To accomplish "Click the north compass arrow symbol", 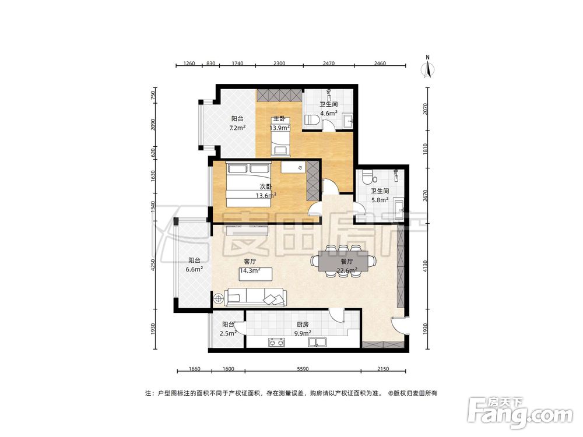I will pos(427,68).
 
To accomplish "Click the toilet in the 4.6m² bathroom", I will pos(312,120).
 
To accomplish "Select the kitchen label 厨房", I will pos(301,325).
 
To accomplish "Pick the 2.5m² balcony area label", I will pos(228,334).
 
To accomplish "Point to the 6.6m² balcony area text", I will pos(195,270).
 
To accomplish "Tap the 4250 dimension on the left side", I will pos(153,264).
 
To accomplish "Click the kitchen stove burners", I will pos(276,342).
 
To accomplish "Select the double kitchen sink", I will pos(318,342).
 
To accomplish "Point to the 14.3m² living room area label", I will pos(250,271).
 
